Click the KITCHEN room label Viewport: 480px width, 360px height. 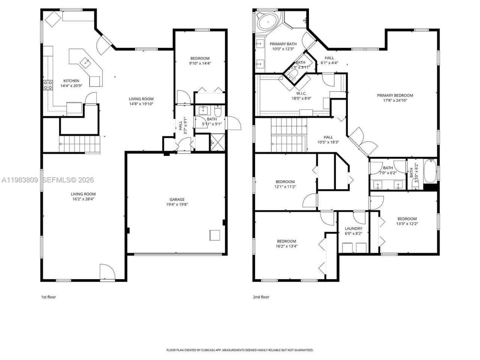[x=71, y=81]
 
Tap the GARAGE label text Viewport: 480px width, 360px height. [x=177, y=199]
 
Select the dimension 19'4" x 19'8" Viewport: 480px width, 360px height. [x=177, y=205]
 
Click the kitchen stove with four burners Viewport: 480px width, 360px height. [x=48, y=85]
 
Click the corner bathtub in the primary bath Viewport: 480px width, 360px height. [x=267, y=22]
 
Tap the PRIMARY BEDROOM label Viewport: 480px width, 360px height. [x=395, y=95]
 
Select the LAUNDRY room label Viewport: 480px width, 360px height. [x=353, y=228]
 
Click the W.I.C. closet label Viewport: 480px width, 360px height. [x=301, y=93]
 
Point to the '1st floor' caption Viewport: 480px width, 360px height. [x=48, y=297]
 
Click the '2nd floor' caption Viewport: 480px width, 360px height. [x=261, y=297]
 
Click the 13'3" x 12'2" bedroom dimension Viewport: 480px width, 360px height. [x=407, y=224]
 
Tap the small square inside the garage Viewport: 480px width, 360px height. [x=215, y=235]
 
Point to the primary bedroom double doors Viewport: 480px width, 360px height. [x=357, y=141]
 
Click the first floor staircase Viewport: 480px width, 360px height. [x=80, y=145]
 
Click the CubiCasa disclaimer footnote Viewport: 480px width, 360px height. [x=240, y=350]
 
